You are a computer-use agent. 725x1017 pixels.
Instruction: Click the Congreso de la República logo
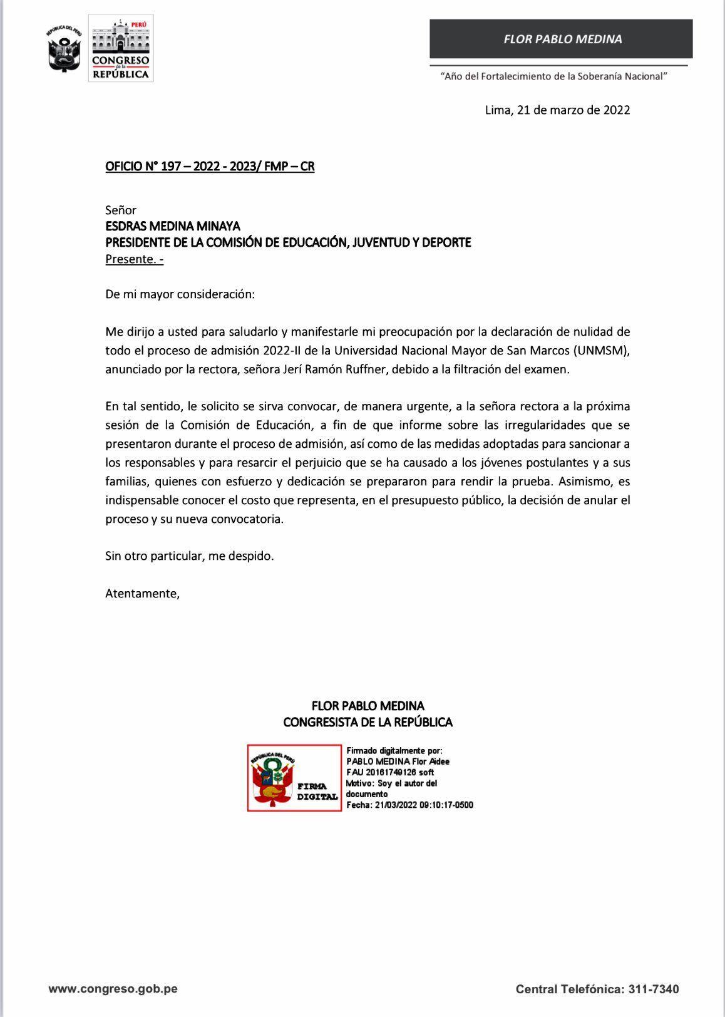(121, 48)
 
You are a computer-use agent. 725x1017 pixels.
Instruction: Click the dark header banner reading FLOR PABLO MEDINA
(562, 39)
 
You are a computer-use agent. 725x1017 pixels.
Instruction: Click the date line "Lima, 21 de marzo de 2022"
(557, 110)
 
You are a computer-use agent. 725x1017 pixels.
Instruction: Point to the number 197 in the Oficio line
(171, 167)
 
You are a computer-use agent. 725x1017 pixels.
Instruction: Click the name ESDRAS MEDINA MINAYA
(173, 226)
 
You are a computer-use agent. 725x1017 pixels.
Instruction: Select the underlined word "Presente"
(130, 259)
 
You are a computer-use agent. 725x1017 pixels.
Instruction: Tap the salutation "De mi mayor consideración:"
(180, 294)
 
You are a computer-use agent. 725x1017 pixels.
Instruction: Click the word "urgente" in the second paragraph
(423, 406)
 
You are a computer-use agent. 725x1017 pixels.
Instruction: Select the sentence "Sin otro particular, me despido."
(190, 555)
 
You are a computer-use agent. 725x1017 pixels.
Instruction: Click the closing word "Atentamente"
(141, 593)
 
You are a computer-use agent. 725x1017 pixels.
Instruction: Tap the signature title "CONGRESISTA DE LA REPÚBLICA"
(368, 722)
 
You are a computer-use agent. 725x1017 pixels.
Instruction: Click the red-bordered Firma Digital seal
(294, 778)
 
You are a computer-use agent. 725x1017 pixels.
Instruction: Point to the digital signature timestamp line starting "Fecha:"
(410, 805)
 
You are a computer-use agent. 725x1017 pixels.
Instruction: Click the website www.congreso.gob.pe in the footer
(113, 989)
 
